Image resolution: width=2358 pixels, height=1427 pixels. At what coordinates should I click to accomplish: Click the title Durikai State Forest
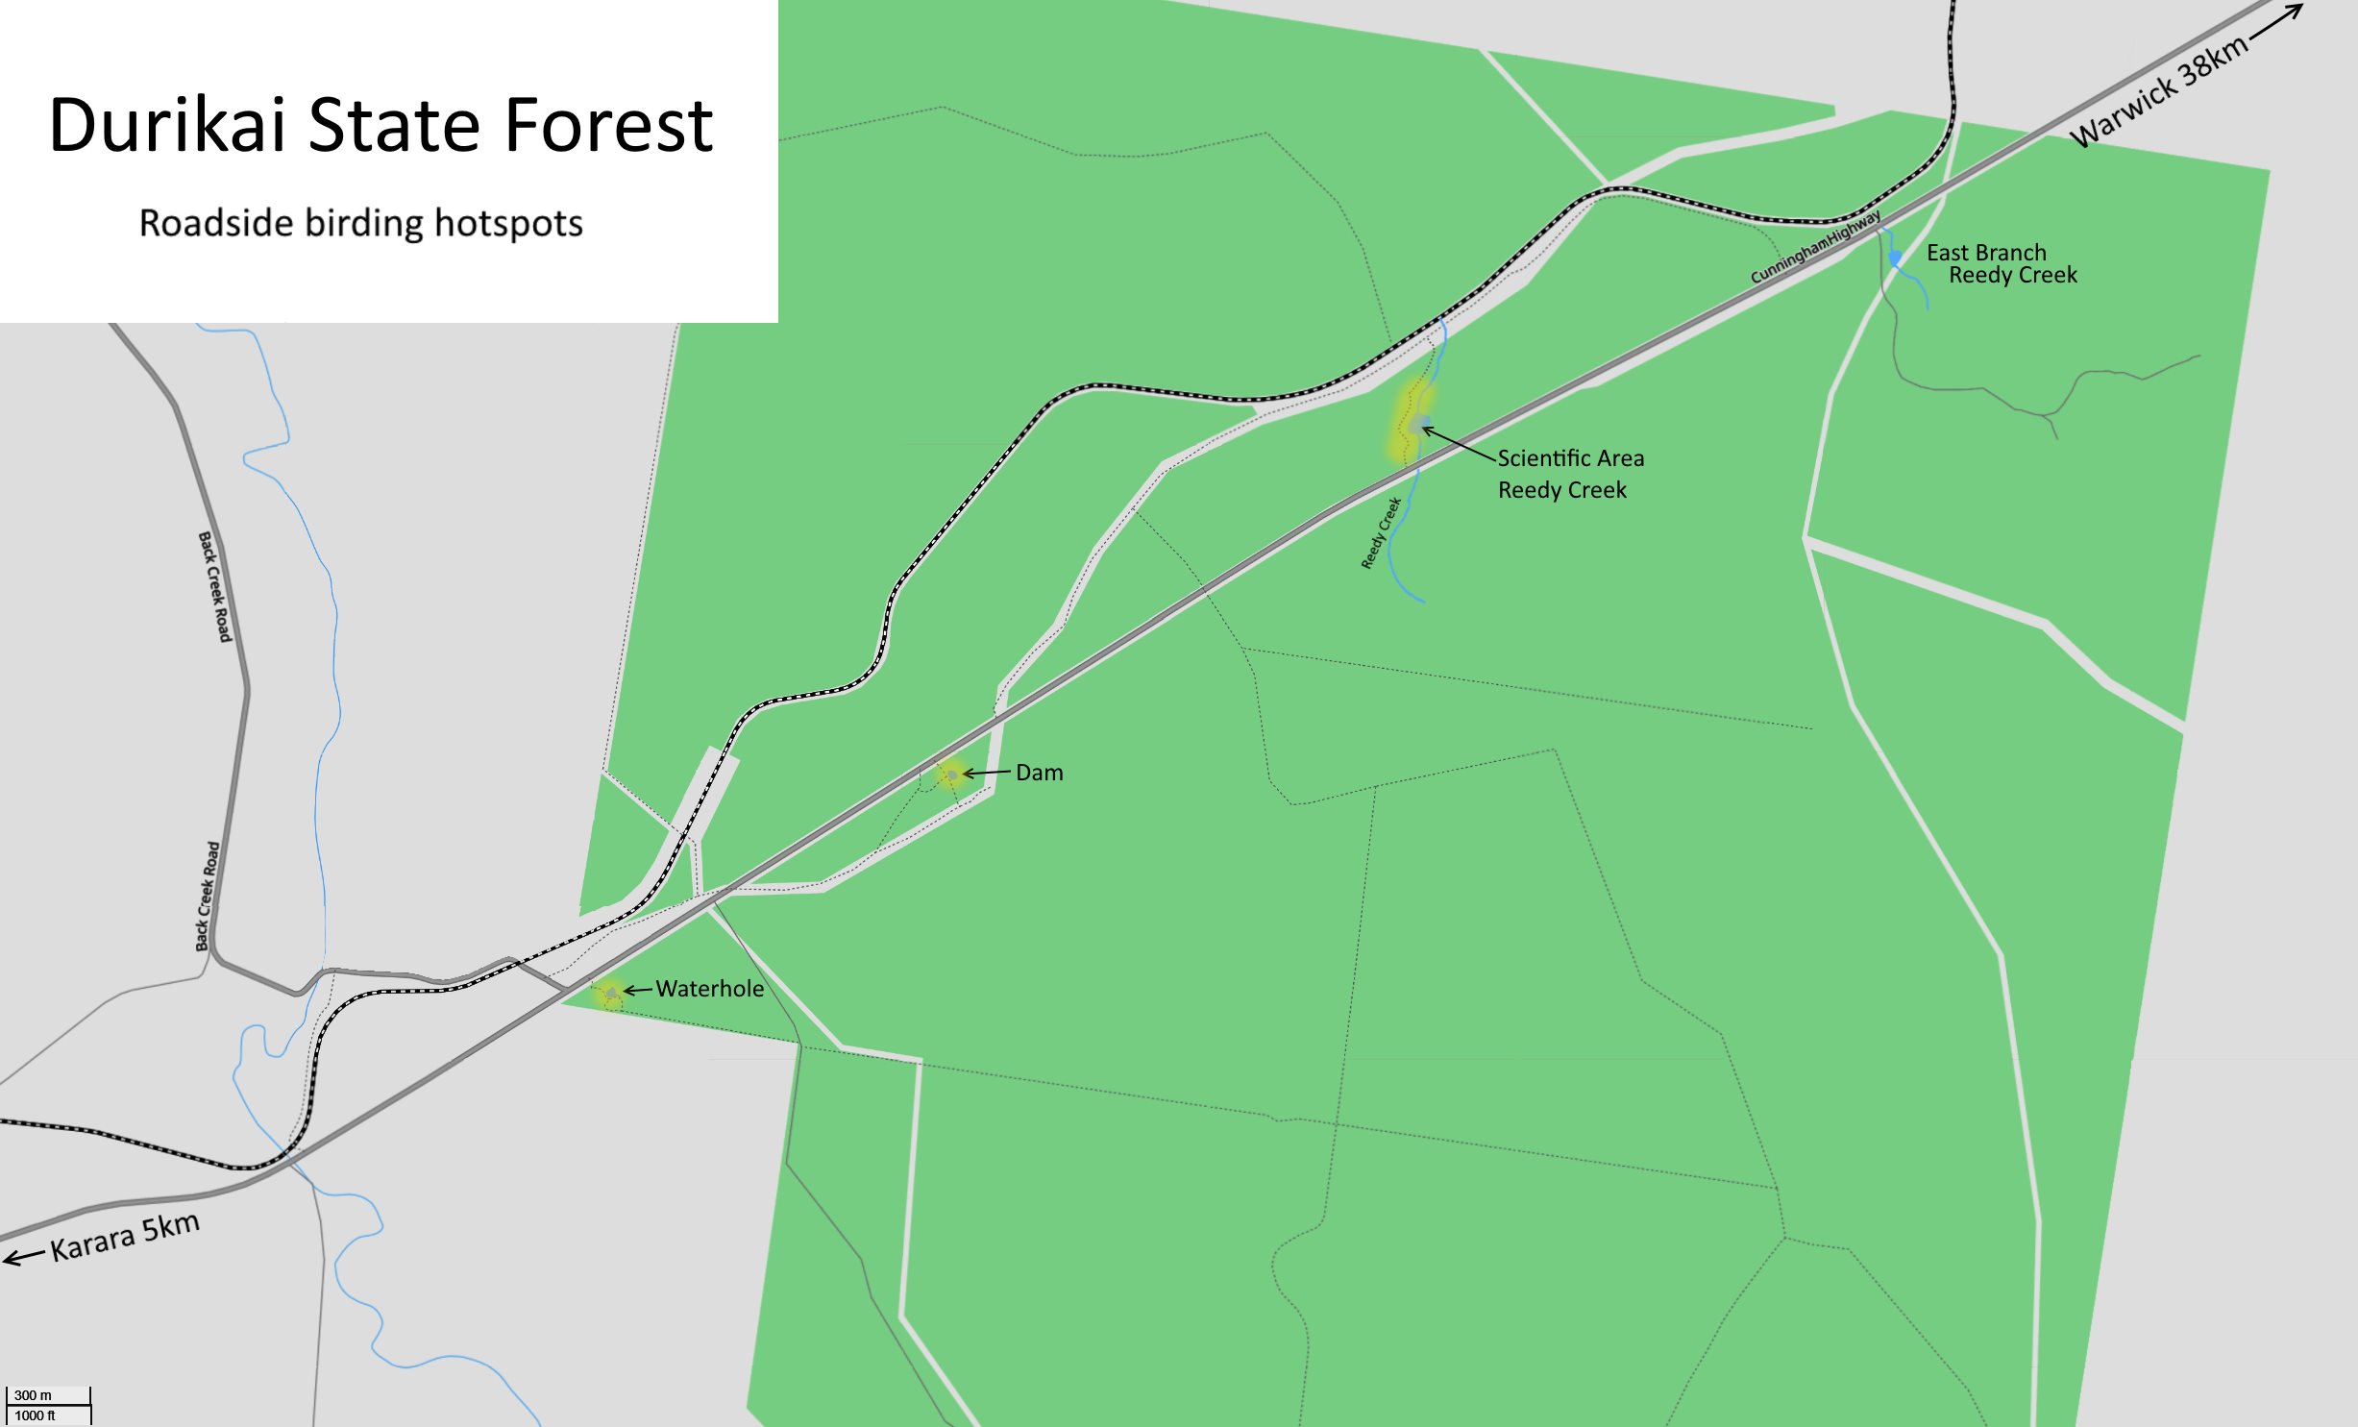tap(381, 126)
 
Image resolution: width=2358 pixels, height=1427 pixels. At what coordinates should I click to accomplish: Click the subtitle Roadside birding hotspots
tap(360, 223)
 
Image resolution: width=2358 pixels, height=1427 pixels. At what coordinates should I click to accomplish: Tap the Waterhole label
tap(709, 989)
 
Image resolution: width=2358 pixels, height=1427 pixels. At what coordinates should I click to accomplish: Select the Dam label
tap(1039, 773)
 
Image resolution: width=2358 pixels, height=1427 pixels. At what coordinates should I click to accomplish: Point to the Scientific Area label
tap(1570, 458)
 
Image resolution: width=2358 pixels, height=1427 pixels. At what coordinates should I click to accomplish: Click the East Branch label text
tap(1986, 253)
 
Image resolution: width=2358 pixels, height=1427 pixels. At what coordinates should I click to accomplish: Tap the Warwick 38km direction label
tap(2157, 91)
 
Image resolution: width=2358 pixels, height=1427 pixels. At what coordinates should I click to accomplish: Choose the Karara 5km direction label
tap(125, 1237)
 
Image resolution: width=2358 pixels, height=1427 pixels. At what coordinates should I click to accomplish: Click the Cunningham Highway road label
tap(1815, 247)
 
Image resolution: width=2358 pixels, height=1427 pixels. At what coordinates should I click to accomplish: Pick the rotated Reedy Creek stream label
tap(1381, 533)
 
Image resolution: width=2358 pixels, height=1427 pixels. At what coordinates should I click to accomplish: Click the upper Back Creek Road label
tap(215, 586)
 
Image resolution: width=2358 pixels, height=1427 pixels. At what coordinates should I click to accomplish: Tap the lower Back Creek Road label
tap(207, 896)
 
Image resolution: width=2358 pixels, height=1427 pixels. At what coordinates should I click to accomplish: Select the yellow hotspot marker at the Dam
tap(950, 774)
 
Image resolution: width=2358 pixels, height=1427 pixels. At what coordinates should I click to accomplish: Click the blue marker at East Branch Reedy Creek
tap(1895, 258)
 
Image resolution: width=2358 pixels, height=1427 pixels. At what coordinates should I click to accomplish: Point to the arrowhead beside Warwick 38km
tap(2293, 12)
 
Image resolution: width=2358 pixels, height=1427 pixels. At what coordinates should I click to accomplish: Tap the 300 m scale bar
tap(48, 1405)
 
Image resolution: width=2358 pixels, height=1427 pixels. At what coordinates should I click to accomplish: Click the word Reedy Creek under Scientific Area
tap(1561, 490)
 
